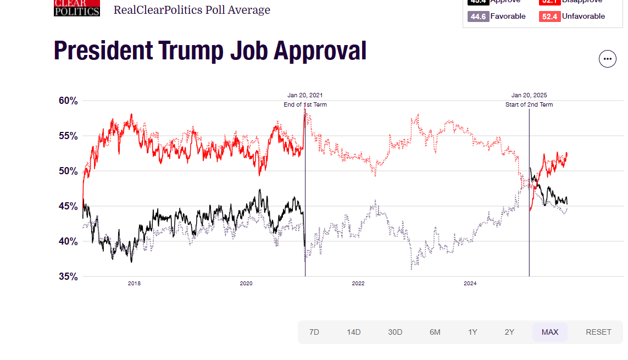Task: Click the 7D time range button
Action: coord(314,332)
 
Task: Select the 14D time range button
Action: coord(354,332)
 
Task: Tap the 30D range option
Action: coord(395,332)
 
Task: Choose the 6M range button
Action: coord(435,332)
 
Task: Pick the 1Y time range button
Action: coord(473,332)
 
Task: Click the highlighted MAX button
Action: coord(550,332)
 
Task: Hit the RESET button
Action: coord(598,332)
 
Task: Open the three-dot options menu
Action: coord(607,58)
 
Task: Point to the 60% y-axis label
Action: coord(68,101)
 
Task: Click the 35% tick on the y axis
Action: coord(68,276)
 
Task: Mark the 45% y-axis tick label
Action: coord(68,206)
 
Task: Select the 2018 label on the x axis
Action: coord(134,284)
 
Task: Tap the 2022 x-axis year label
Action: coord(358,284)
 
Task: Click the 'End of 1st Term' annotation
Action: coord(305,104)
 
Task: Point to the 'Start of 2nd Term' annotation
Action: coord(529,104)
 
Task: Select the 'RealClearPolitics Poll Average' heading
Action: coord(192,10)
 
